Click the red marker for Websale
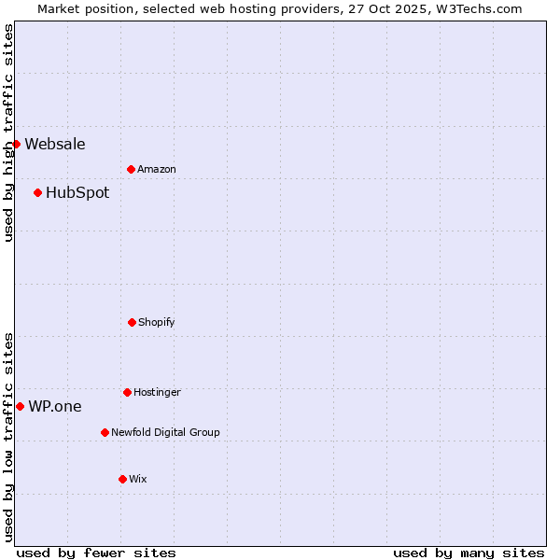coord(16,144)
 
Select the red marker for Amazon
coord(131,169)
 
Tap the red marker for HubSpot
coord(37,192)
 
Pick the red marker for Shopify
coord(132,322)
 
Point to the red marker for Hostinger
coord(127,392)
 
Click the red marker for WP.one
coord(20,406)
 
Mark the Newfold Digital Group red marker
coord(105,432)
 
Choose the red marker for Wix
coord(122,479)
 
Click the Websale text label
coord(55,144)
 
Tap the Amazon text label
coord(157,169)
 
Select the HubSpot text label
coord(77,192)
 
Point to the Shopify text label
coord(157,322)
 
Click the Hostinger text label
coord(157,392)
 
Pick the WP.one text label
coord(55,406)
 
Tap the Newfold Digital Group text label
coord(165,432)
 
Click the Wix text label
coord(138,479)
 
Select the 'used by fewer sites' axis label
coord(96,553)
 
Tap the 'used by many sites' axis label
coord(469,553)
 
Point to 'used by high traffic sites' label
coord(8,133)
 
